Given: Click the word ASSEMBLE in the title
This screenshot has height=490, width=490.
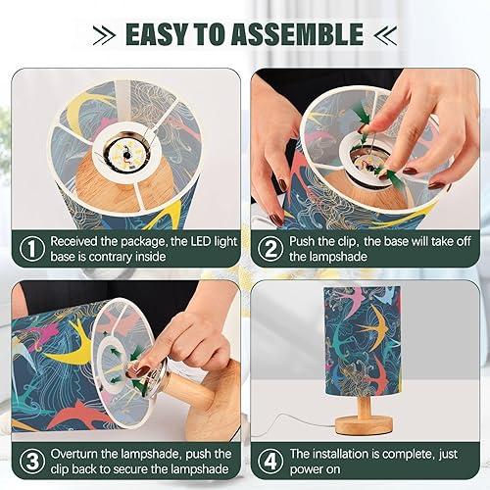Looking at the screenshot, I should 300,34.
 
